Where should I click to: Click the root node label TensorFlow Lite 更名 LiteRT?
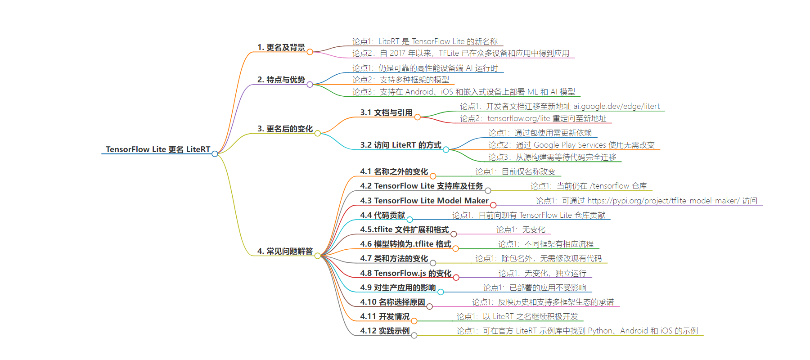(x=158, y=149)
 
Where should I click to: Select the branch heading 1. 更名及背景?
(x=281, y=47)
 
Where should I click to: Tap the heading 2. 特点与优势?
(x=281, y=80)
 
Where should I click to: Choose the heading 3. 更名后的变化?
(x=285, y=129)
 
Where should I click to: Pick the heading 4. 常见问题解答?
(x=285, y=251)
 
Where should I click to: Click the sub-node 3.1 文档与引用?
(x=386, y=112)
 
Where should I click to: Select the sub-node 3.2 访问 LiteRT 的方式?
(x=400, y=145)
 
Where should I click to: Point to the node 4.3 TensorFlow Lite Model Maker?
(x=424, y=201)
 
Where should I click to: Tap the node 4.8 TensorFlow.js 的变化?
(x=405, y=273)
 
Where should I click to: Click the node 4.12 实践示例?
(x=385, y=331)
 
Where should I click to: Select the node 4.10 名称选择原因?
(x=392, y=302)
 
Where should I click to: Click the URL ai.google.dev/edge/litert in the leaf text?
(x=616, y=107)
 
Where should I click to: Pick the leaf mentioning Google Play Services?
(x=571, y=145)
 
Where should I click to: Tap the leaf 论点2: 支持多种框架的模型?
(x=400, y=80)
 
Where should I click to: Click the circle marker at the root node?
(x=215, y=154)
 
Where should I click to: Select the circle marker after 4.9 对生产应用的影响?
(x=441, y=292)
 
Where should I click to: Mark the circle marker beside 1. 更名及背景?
(x=310, y=52)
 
